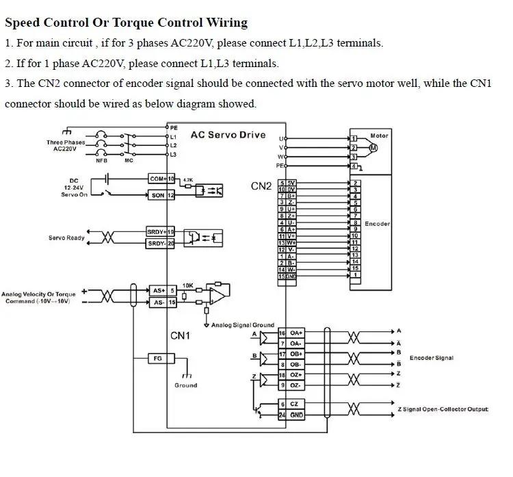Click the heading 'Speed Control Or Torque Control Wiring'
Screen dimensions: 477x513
(x=126, y=23)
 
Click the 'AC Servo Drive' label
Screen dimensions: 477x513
(x=228, y=135)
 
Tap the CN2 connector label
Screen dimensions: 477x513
(x=261, y=185)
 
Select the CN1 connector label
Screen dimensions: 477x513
(x=180, y=335)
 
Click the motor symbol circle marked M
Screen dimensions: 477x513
(x=373, y=147)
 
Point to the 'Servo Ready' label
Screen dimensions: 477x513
(x=66, y=238)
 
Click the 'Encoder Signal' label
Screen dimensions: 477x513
(x=431, y=358)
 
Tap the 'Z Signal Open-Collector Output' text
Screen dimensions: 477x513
(x=443, y=409)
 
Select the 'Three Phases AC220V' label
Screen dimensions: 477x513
(x=66, y=146)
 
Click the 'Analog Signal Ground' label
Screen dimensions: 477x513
(x=243, y=325)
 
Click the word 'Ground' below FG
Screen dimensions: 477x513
(x=185, y=385)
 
